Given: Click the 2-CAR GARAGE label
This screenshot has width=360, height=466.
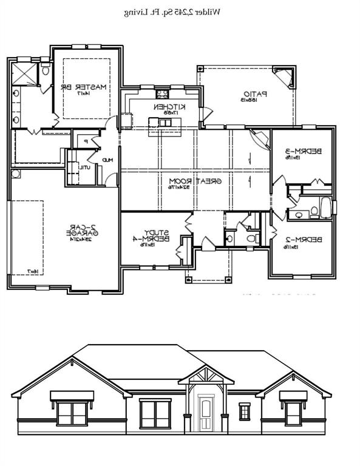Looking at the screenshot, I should click(x=79, y=233).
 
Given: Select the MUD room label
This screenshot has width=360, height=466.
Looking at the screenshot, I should click(x=107, y=160).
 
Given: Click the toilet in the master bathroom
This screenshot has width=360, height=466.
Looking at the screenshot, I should click(x=45, y=71).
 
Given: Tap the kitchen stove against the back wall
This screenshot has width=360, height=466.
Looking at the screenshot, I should click(x=162, y=94).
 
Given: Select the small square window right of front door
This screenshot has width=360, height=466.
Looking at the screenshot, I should click(x=244, y=412).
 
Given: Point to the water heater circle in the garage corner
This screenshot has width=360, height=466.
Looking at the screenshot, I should click(x=16, y=174).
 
